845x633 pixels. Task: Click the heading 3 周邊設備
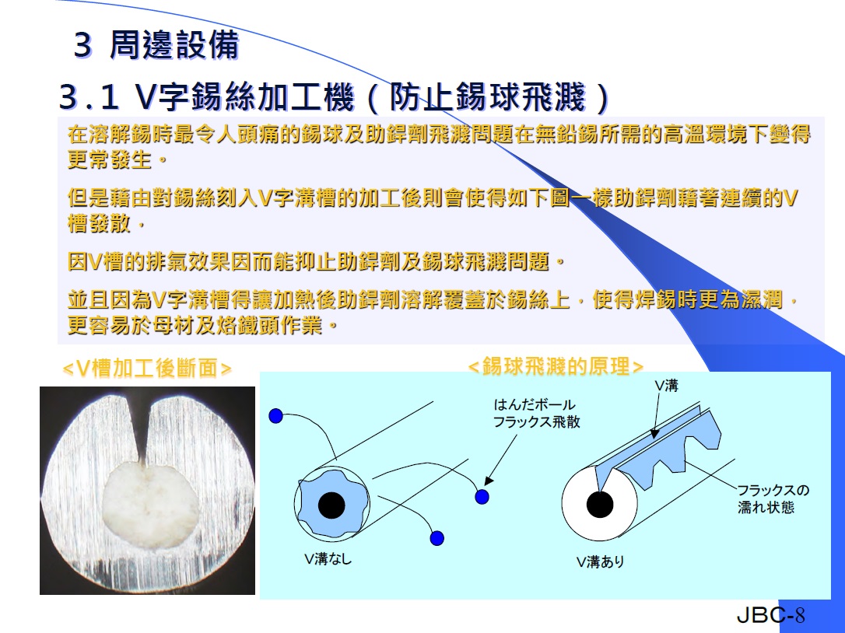(x=156, y=44)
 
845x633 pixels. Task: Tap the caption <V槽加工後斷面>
(x=147, y=369)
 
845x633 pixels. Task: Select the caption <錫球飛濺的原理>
(x=556, y=366)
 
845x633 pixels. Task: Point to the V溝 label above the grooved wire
(x=667, y=385)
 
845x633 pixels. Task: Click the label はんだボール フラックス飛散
(x=537, y=413)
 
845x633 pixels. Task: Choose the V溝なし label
(x=328, y=558)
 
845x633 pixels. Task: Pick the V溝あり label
(x=601, y=561)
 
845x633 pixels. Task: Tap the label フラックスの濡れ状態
(x=773, y=498)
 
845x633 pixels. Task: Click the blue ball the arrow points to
(x=482, y=496)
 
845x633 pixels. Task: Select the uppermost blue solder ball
(x=276, y=415)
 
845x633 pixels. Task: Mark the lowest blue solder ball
(x=437, y=537)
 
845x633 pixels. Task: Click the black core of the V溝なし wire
(x=331, y=505)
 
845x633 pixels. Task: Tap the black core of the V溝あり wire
(x=600, y=505)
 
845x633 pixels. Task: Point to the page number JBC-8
(x=770, y=614)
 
